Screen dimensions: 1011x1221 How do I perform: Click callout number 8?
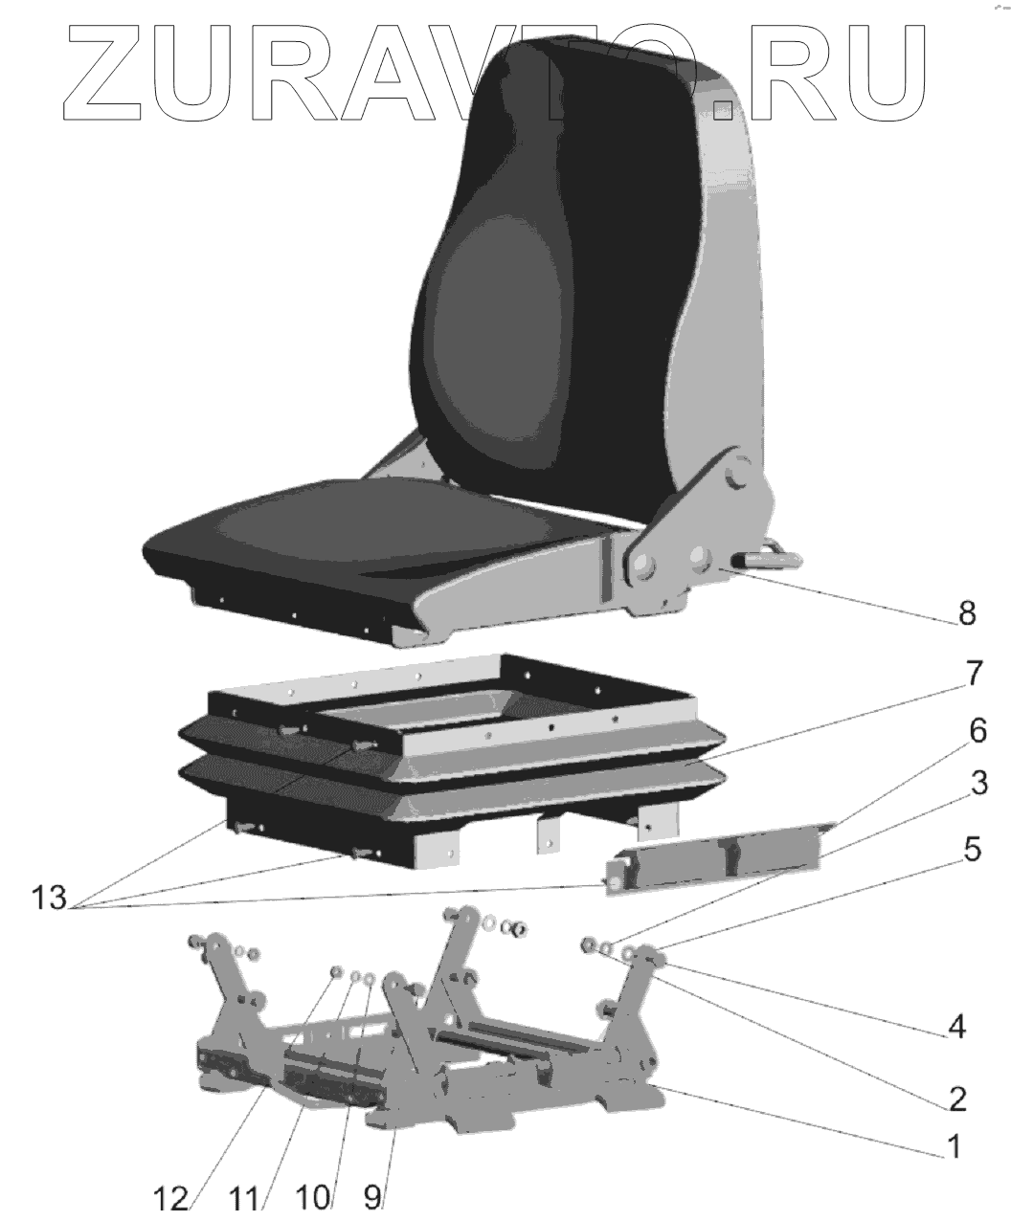[967, 613]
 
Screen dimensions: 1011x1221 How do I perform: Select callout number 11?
[247, 1198]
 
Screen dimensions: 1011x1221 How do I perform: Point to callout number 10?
[314, 1198]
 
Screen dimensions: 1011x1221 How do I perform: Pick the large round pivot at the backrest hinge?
[740, 477]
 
